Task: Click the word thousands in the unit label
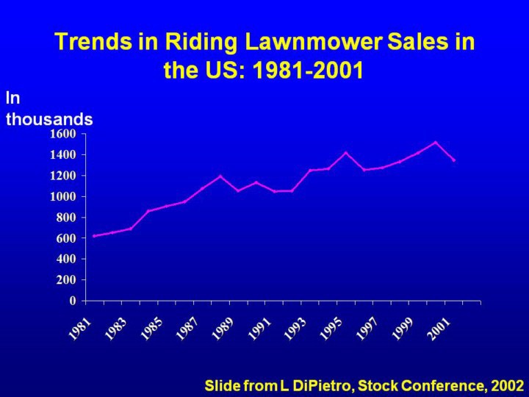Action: tap(49, 118)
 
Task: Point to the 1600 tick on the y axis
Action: tap(63, 134)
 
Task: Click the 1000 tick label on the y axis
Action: tap(63, 196)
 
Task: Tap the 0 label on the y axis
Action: tap(73, 301)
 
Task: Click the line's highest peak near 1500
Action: tap(436, 143)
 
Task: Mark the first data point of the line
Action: tap(94, 236)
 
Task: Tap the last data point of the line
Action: tap(454, 160)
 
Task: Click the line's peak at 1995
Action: tap(346, 153)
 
